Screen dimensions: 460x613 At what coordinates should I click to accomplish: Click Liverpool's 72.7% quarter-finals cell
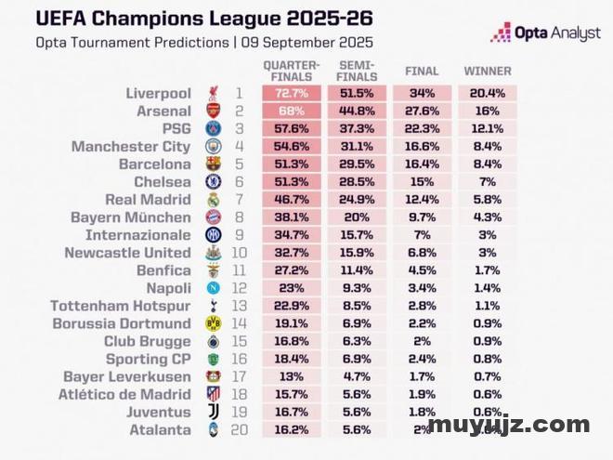coord(293,94)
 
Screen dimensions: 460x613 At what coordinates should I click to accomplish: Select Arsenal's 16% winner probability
coord(489,112)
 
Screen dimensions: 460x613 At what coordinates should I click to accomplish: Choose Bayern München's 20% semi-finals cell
coord(357,217)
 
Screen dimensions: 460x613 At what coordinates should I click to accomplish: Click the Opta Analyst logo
coord(546,33)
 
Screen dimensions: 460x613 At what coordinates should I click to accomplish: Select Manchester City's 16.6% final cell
coord(423,147)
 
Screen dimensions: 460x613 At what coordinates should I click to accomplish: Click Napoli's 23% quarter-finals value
coord(293,288)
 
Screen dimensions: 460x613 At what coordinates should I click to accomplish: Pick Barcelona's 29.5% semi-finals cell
coord(357,164)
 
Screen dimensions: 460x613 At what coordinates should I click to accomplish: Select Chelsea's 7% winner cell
coord(489,182)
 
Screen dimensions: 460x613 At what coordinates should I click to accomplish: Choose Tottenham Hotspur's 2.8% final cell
coord(423,306)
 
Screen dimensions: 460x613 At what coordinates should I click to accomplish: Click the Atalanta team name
coord(160,429)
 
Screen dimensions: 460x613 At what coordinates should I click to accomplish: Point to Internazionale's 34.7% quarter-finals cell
coord(293,235)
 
